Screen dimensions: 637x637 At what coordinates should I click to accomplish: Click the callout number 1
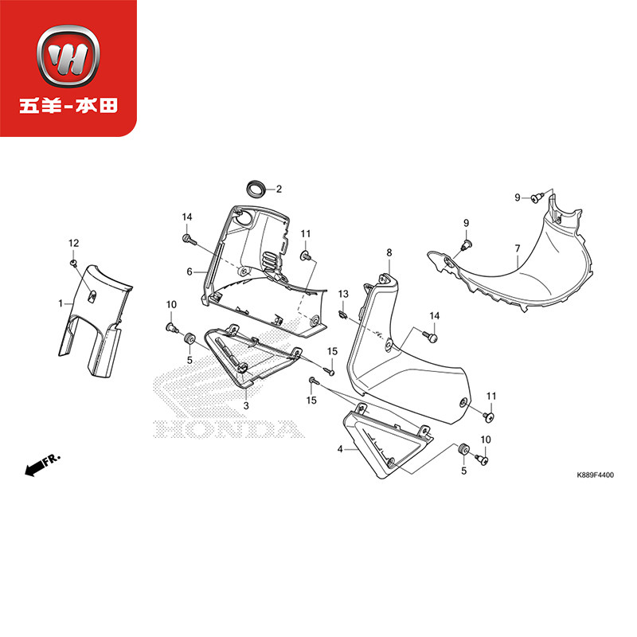(61, 303)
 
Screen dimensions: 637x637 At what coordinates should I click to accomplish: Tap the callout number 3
(247, 406)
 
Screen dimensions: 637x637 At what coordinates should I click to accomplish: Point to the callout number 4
(340, 450)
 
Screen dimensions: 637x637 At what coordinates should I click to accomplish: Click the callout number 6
(190, 272)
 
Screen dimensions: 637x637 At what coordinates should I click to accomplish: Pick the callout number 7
(517, 248)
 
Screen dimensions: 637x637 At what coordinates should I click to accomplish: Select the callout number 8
(389, 253)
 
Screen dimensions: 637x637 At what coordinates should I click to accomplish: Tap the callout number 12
(73, 243)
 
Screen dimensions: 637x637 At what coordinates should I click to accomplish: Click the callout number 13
(344, 295)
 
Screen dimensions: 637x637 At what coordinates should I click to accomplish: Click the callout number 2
(279, 190)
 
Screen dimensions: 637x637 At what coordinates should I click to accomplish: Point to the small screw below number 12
(73, 261)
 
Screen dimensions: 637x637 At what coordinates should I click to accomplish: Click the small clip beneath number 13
(342, 313)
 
